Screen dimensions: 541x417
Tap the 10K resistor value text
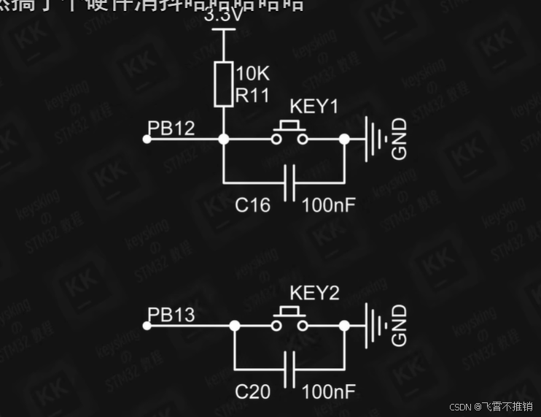pos(253,73)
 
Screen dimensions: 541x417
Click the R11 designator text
pos(252,94)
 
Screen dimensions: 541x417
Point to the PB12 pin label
pos(171,129)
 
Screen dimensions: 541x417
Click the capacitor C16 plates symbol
pos(290,182)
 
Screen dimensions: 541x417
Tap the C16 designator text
pos(252,205)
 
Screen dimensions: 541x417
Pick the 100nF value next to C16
pos(328,205)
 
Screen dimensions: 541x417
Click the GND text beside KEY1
pos(400,139)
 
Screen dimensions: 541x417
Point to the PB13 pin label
pos(171,315)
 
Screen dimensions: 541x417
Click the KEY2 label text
pos(314,294)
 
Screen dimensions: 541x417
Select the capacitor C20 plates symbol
pos(290,369)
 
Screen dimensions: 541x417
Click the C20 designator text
pos(252,392)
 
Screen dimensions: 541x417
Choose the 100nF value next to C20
pos(328,392)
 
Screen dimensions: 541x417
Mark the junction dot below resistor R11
pos(224,139)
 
